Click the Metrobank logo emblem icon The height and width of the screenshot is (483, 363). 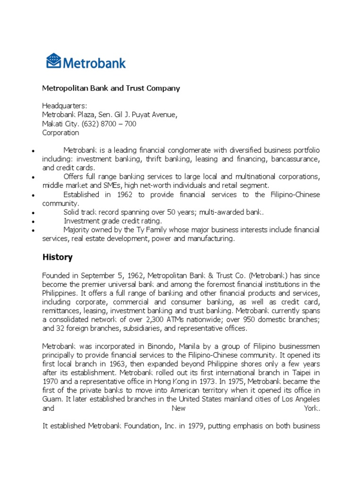pos(53,61)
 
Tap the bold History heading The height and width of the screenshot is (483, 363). pos(57,257)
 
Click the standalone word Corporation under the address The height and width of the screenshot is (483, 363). pos(60,133)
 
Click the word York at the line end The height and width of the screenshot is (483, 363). pos(312,408)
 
